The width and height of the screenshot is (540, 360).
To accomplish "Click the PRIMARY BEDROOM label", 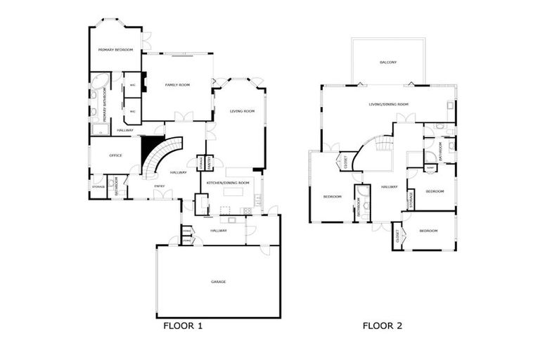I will [115, 50].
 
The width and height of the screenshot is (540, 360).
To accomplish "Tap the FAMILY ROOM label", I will [177, 84].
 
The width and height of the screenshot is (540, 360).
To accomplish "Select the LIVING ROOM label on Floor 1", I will [242, 111].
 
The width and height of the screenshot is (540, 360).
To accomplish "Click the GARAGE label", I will [218, 281].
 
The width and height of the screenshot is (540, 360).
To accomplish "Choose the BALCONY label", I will [388, 63].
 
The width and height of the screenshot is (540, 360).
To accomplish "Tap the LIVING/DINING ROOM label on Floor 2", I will [388, 104].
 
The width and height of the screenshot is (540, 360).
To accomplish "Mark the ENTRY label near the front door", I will [160, 186].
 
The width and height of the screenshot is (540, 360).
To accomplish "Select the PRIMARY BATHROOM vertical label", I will [105, 109].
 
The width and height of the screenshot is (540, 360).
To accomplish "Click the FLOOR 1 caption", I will [183, 326].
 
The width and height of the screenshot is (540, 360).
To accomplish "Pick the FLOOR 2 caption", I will [382, 326].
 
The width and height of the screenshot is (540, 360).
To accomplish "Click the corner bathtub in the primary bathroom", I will [99, 79].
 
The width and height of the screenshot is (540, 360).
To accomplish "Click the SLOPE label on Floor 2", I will [430, 168].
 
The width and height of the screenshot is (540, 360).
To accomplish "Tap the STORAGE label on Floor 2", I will [411, 199].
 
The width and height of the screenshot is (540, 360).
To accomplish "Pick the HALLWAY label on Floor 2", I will [390, 187].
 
